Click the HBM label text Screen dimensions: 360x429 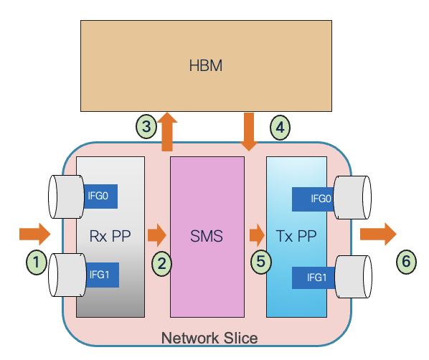click(x=206, y=66)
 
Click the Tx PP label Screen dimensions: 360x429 click(x=296, y=235)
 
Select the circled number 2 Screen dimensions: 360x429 click(x=163, y=263)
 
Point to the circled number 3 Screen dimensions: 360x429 click(x=146, y=127)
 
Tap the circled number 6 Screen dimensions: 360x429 click(x=407, y=262)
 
